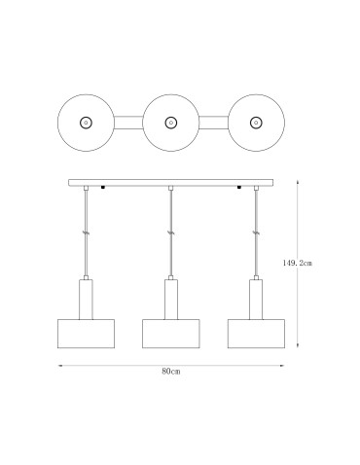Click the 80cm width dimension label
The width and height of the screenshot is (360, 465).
point(170,374)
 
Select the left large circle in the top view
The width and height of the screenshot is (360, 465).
point(86,123)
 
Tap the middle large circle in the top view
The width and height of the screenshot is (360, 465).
point(171,123)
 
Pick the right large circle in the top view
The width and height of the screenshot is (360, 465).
point(256,123)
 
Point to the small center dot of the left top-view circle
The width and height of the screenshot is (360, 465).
point(86,123)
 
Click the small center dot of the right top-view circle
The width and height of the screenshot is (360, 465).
point(256,123)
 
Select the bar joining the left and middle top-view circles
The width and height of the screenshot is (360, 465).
point(128,123)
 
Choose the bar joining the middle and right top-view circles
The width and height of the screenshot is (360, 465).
point(214,123)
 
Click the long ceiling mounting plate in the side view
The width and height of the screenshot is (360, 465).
point(171,183)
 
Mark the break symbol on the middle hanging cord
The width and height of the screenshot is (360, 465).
point(171,234)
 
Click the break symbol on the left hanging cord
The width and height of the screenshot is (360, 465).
point(87,234)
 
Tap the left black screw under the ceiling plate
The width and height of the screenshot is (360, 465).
point(103,189)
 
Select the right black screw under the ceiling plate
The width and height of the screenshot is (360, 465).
point(239,189)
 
